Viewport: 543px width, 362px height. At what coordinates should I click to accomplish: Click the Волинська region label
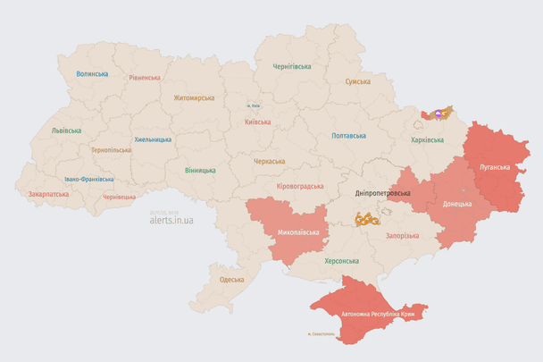coord(92,74)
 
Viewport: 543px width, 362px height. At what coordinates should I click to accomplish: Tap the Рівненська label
coord(144,78)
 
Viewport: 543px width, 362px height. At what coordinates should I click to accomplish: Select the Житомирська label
coord(194,97)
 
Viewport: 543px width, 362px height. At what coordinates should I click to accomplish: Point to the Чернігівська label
coord(292,66)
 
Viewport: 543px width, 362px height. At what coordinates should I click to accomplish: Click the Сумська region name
coord(358,81)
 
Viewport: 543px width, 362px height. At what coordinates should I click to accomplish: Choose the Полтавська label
coord(348,136)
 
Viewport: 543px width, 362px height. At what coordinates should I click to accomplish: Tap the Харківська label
coord(427,140)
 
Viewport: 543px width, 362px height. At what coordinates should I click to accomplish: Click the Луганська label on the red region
coord(495,167)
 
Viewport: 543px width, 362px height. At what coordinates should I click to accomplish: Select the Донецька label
coord(458,204)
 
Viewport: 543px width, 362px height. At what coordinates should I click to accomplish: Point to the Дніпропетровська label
coord(382,193)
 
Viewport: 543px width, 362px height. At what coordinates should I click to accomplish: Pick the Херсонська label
coord(341,261)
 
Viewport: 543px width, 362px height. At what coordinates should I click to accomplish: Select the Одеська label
coord(231,280)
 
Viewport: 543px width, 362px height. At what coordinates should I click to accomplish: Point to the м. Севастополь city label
coord(320,335)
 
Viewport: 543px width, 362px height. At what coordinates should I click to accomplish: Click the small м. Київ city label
coord(255,106)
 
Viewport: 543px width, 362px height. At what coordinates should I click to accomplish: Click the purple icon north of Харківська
coord(438,114)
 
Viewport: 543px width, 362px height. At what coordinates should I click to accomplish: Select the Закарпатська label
coord(48,193)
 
